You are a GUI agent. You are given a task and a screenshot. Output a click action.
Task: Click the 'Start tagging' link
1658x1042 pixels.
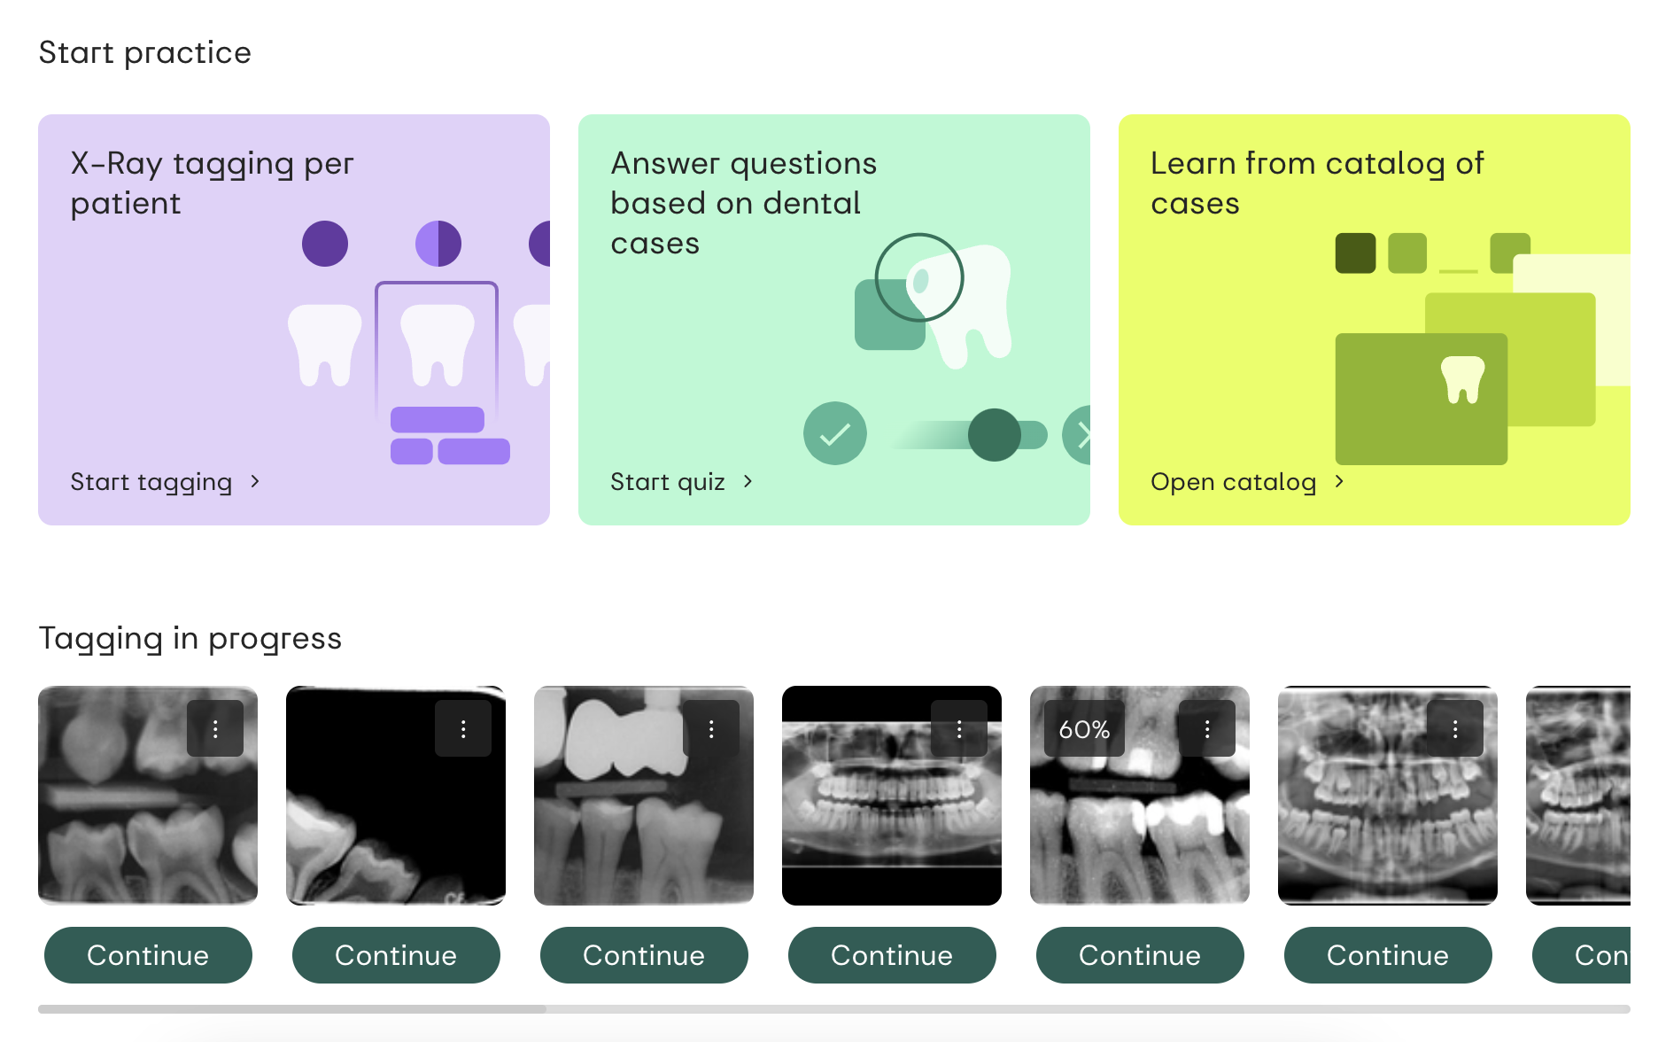coord(165,481)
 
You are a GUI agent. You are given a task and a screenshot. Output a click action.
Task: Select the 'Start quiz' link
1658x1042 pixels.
coord(681,481)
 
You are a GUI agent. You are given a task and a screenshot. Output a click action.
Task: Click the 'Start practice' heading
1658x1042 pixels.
coord(145,52)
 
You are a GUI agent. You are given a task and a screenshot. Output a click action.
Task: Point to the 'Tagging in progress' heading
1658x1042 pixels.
coord(190,638)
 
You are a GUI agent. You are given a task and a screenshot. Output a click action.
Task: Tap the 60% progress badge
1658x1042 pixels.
coord(1084,728)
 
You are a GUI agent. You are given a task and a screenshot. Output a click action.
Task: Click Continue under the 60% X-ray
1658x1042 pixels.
coord(1140,955)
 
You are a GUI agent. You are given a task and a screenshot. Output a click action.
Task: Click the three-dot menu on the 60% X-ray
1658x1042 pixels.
coord(1207,728)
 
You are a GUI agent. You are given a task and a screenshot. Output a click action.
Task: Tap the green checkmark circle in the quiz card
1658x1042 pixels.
coord(835,433)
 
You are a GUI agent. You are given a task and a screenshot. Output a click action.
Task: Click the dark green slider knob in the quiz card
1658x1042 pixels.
coord(995,435)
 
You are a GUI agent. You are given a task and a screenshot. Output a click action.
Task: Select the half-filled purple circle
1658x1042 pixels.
coord(438,244)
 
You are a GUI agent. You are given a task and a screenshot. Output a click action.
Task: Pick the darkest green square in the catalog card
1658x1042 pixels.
coord(1355,253)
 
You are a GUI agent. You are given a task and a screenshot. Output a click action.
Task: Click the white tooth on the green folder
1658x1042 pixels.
coord(1463,379)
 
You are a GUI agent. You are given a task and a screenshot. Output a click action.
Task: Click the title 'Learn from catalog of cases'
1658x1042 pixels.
coord(1317,183)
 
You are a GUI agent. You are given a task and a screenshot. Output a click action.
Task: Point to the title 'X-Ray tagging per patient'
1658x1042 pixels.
coord(212,183)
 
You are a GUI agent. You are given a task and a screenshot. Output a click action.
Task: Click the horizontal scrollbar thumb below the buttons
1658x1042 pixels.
coord(292,1008)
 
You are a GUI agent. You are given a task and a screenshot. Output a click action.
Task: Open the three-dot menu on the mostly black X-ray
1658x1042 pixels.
coord(463,728)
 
